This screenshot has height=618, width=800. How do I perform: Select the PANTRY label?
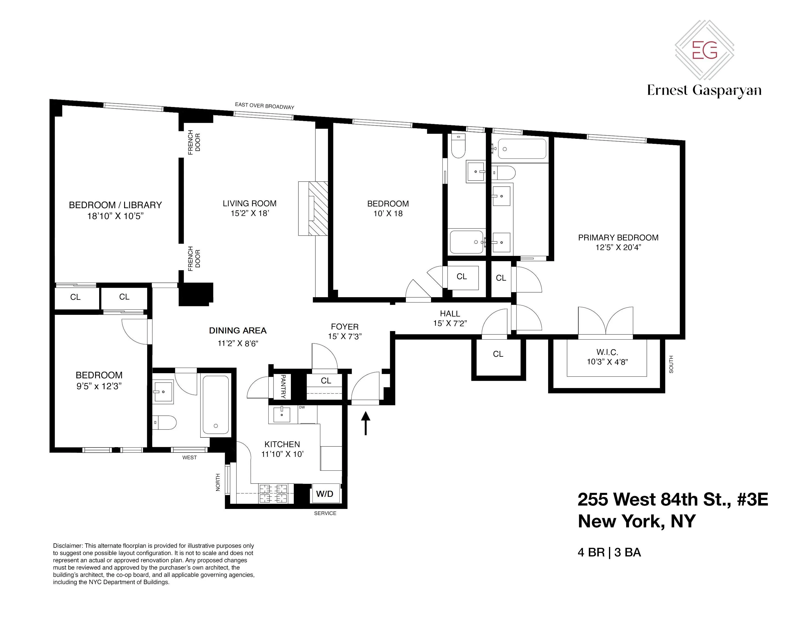click(283, 386)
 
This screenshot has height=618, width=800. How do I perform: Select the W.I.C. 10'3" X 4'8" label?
click(607, 357)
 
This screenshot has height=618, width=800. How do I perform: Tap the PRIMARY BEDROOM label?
click(618, 238)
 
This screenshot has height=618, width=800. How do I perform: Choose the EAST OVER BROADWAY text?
click(264, 106)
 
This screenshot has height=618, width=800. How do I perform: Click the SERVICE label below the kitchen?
click(325, 513)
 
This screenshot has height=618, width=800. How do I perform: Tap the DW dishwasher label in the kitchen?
click(302, 407)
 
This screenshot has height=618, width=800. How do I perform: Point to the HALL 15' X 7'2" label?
click(450, 318)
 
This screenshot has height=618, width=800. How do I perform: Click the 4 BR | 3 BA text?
click(609, 553)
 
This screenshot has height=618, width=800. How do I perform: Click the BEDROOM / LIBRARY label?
click(115, 205)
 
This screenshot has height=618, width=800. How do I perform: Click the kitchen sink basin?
click(281, 415)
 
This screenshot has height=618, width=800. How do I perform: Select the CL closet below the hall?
click(498, 354)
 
